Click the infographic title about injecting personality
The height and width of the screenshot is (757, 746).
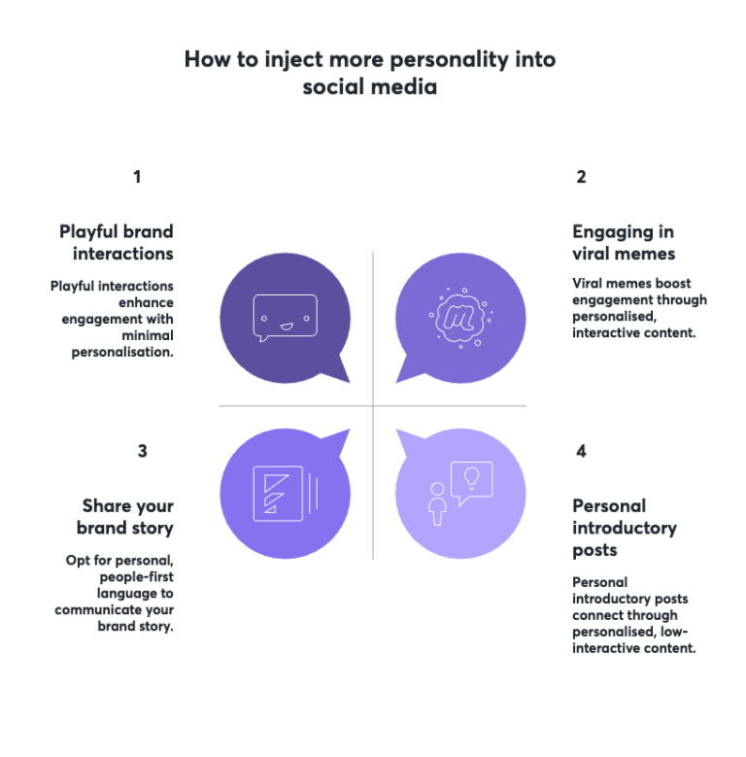coord(370,73)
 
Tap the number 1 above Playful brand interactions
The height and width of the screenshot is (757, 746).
coord(138,177)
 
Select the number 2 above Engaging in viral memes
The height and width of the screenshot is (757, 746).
coord(581,177)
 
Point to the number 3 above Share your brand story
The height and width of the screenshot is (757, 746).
coord(143,451)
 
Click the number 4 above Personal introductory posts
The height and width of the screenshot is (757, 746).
coord(581,451)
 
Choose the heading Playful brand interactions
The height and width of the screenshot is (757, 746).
coord(117,242)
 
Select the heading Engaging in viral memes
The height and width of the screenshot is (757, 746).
coord(624,243)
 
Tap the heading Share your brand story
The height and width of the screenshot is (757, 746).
coord(125,517)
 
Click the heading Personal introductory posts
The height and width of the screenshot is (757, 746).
coord(625,528)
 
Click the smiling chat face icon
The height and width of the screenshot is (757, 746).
coord(286,317)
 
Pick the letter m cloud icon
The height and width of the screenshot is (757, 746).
coord(460,317)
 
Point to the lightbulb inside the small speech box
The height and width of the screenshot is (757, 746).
coord(471,477)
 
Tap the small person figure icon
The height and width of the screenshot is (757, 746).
coord(437,503)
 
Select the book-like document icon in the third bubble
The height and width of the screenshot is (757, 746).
coord(285,494)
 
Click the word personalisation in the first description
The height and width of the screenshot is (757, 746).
coord(122,353)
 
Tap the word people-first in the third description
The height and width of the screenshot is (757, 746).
coord(137,577)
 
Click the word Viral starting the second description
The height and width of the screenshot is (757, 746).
coord(587,283)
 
